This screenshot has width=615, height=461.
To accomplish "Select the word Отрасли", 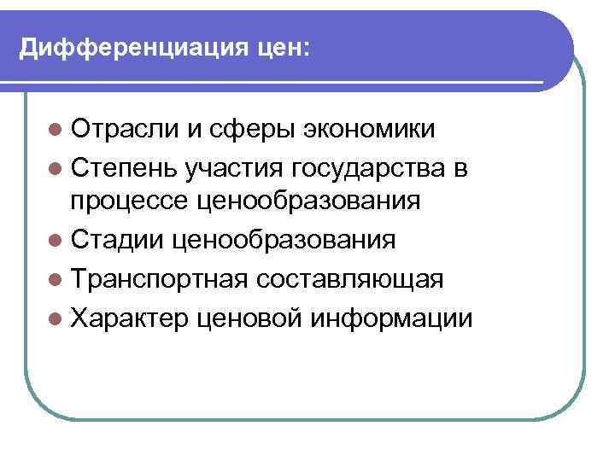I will [x=125, y=129].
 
